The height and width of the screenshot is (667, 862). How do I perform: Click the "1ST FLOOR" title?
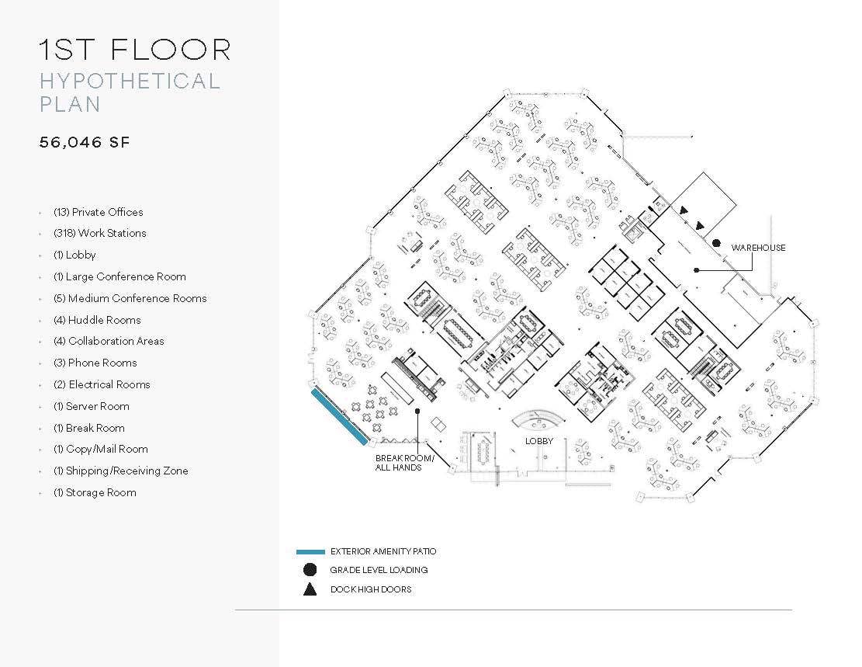coord(135,49)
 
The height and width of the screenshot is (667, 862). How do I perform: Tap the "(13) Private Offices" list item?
coord(98,212)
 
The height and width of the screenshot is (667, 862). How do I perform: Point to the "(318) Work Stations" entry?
coord(99,233)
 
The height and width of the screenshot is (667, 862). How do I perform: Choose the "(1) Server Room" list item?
coord(91,406)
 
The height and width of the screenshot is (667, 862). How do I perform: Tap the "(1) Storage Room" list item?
coord(95,492)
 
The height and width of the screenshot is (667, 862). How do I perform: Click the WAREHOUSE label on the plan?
coord(758,248)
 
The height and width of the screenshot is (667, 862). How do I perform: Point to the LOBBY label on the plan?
coord(538,440)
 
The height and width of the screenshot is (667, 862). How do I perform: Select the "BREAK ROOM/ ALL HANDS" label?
coord(404,463)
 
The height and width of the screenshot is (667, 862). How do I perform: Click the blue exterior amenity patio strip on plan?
coord(339,417)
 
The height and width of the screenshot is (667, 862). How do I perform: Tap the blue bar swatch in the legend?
coord(310,552)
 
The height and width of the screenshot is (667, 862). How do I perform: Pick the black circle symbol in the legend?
coord(310,570)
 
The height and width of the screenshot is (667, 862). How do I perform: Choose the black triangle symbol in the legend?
coord(310,589)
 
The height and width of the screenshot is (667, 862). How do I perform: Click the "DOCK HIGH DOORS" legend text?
coord(370,589)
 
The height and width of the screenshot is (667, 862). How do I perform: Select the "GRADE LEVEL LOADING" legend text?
coord(379,570)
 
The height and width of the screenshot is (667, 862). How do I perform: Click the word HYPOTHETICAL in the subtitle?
coord(130,81)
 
